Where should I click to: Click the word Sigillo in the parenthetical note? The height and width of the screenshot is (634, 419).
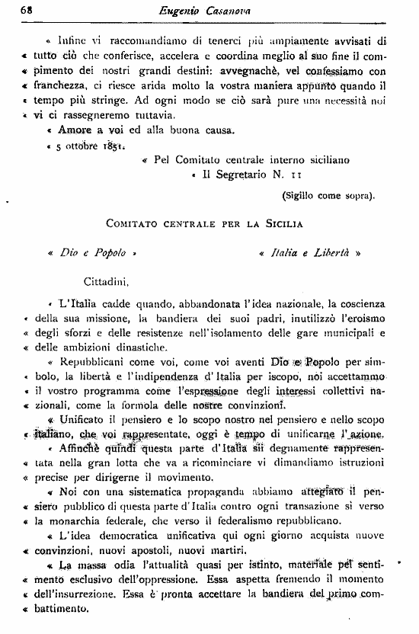302,195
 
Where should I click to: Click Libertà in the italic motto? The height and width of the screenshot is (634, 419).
328,252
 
